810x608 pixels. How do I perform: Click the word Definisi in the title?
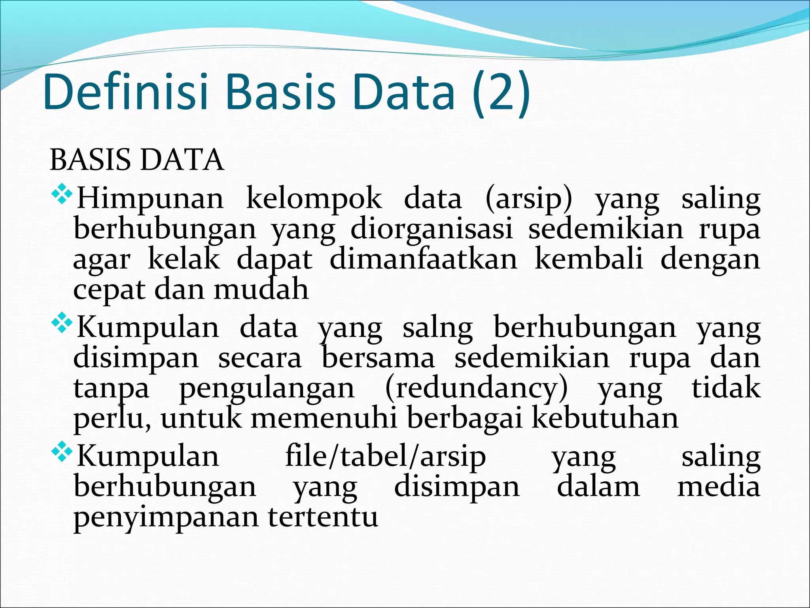126,92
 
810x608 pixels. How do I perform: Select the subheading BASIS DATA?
137,160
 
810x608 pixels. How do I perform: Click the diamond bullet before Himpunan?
62,196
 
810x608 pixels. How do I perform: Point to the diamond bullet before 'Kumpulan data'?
62,325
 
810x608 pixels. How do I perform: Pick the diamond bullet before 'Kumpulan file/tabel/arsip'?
62,453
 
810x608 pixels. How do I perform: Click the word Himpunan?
150,199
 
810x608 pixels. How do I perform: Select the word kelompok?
314,199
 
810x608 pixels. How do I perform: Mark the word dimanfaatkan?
423,259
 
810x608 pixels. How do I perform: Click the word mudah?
261,289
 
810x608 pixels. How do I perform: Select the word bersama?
378,358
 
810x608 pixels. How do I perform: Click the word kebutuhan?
605,418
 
